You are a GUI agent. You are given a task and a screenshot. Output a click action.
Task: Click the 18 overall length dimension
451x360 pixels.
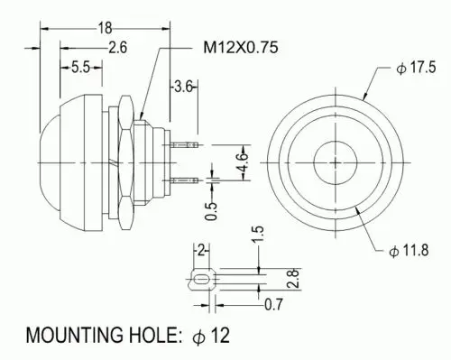pos(106,29)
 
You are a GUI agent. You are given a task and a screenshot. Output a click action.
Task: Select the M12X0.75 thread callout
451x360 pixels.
pos(241,48)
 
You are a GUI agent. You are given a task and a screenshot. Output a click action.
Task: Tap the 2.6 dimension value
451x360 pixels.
pos(118,48)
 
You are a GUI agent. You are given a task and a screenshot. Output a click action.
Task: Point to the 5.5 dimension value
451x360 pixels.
pos(80,68)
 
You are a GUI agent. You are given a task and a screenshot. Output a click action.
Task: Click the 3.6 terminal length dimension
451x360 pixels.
pos(182,87)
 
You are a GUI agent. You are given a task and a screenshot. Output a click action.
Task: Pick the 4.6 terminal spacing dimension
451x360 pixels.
pos(243,162)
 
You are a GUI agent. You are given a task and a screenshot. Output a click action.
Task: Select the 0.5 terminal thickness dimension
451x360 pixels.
pos(211,212)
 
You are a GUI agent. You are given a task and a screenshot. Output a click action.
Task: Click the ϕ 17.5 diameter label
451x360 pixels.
pos(416,68)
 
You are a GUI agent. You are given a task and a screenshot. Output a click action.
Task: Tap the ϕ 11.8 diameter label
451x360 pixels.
pos(409,250)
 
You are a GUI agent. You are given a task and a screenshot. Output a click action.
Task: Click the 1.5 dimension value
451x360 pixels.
pos(258,235)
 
